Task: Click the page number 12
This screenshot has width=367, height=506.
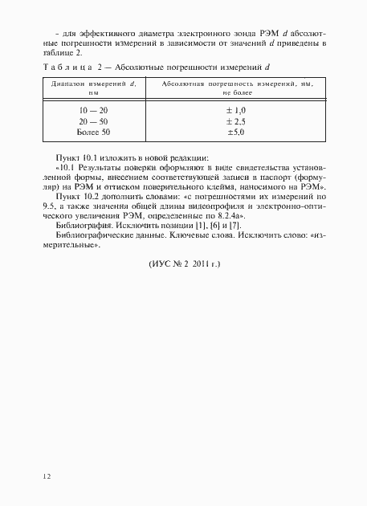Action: pos(47,476)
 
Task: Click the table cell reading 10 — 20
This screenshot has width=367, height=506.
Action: pos(92,108)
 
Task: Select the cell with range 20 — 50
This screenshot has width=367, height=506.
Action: pos(92,119)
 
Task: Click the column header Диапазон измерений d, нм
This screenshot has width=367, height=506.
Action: pos(92,88)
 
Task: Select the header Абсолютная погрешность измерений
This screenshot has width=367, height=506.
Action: pos(236,84)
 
